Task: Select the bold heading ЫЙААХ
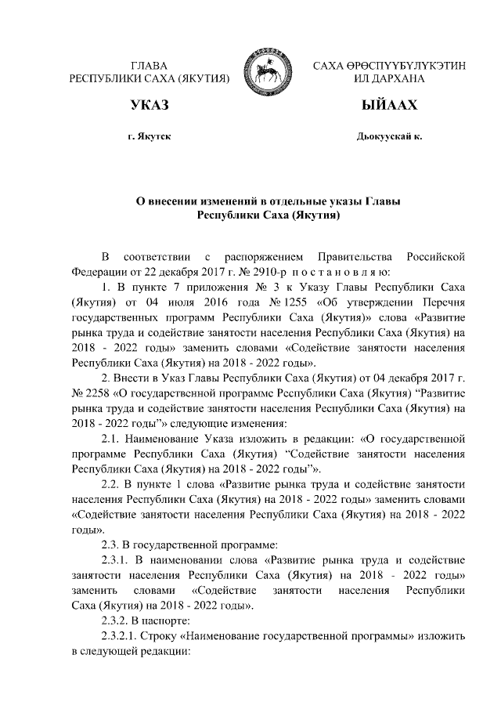pos(389,106)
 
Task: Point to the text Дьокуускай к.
pos(389,136)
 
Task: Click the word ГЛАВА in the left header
pos(150,65)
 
